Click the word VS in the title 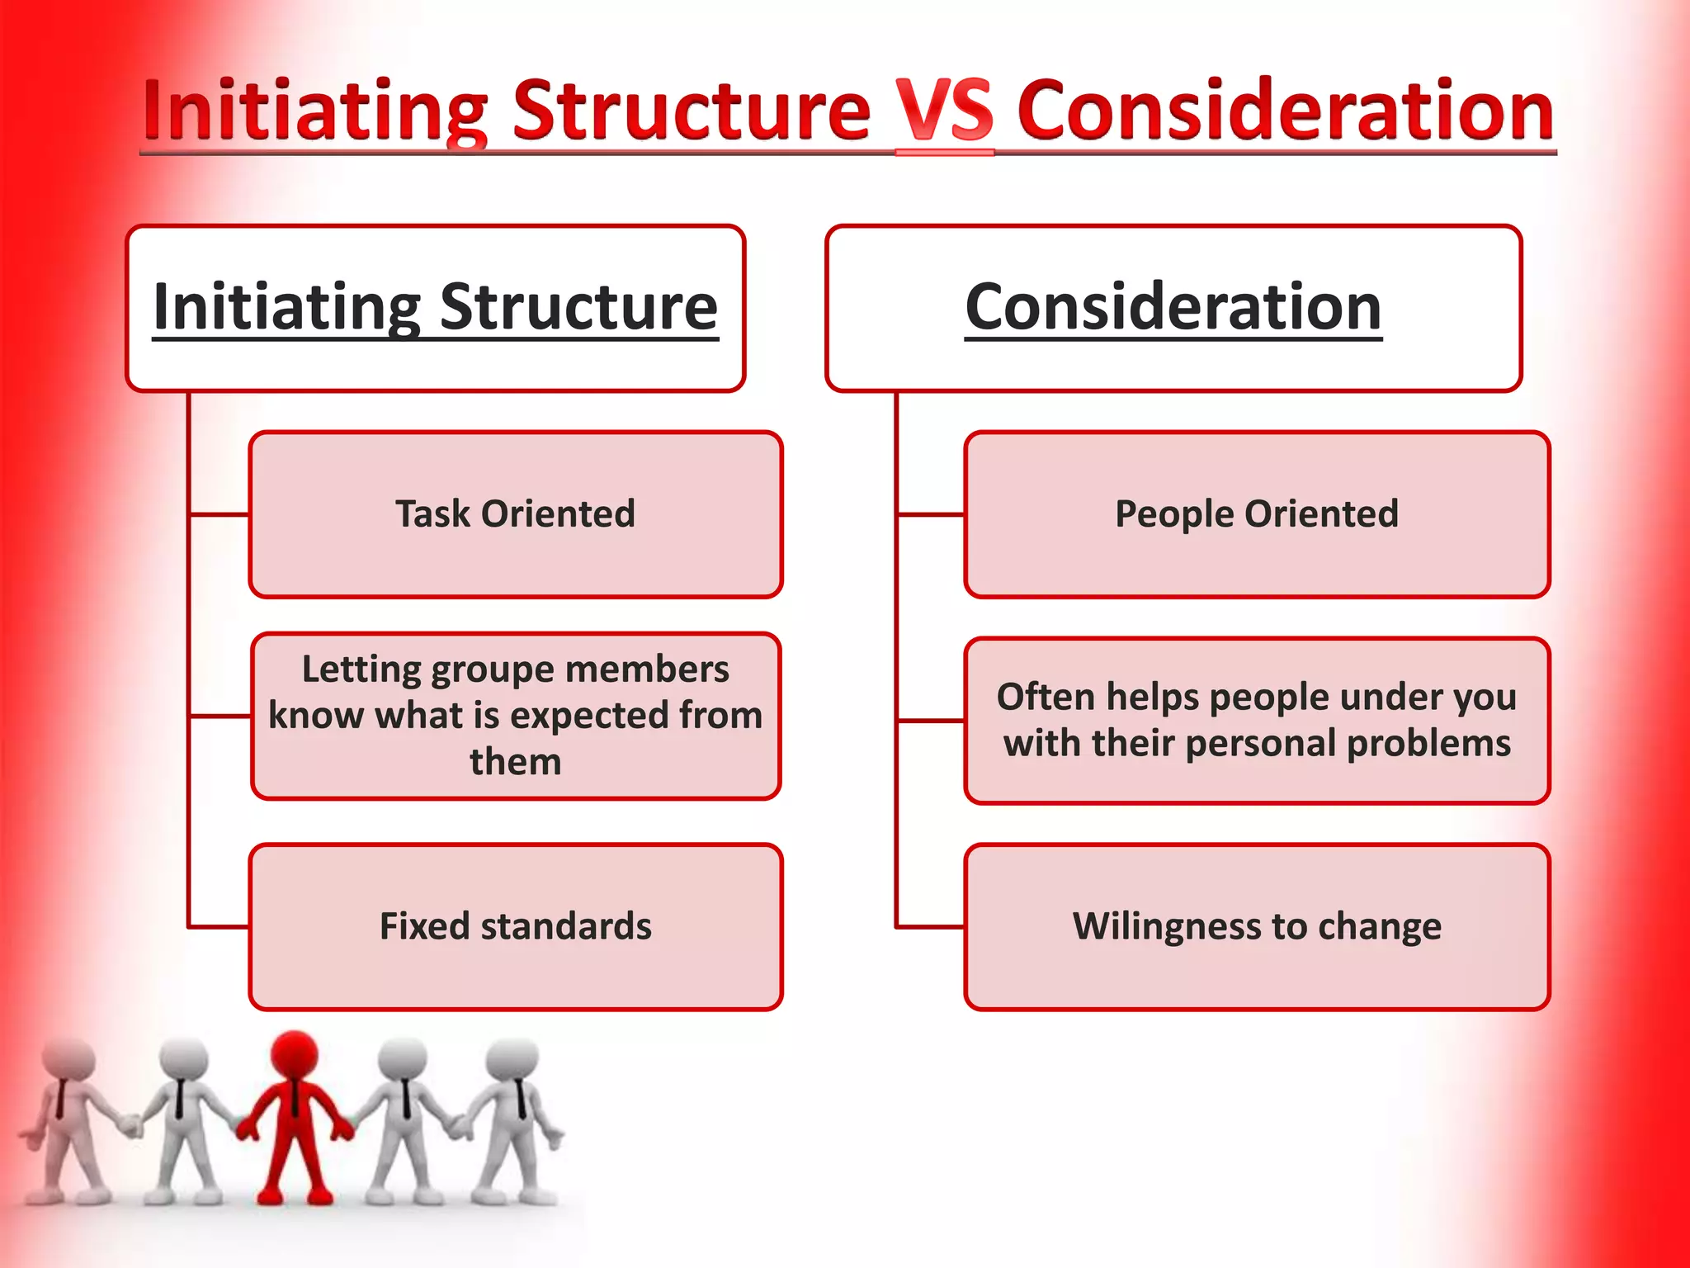945,111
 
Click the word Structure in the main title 692,111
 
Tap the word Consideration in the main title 1285,111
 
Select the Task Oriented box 515,513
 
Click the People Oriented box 1256,513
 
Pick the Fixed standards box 515,926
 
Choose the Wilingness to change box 1256,926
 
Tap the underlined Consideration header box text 1173,307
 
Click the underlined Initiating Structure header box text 436,307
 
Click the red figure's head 295,1053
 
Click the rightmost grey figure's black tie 521,1098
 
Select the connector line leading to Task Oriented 220,514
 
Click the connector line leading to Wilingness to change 931,927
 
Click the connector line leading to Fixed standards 220,927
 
